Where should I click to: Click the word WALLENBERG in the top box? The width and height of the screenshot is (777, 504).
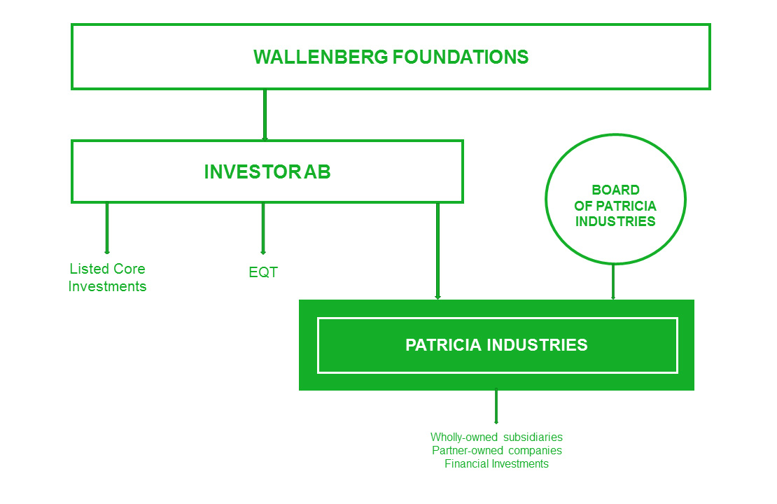tap(321, 57)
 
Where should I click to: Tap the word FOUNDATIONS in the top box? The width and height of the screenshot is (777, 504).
tap(461, 57)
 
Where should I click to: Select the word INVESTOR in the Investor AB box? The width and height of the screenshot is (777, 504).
tap(252, 172)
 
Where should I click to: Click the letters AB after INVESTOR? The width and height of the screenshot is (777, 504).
tap(317, 172)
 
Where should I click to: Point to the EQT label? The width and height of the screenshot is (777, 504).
tap(263, 272)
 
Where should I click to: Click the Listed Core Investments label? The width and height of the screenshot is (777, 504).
tap(108, 277)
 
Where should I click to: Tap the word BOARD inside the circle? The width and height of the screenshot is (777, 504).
tap(615, 190)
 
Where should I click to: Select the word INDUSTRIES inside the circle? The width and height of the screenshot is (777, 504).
tap(615, 221)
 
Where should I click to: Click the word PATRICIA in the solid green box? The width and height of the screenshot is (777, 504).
tap(443, 345)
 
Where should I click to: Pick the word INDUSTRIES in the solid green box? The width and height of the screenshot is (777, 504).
tap(538, 345)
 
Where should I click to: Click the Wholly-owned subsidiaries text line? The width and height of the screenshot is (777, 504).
tap(496, 437)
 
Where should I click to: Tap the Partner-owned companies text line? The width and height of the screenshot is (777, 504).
tap(497, 451)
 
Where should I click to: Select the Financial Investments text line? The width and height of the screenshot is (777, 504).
tap(496, 464)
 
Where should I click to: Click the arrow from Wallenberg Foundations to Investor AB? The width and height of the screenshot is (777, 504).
tap(265, 115)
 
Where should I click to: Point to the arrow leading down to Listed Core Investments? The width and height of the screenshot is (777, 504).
tap(107, 228)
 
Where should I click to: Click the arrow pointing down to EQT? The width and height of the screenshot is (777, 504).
tap(263, 228)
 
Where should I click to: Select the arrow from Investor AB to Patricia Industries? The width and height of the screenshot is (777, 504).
tap(437, 251)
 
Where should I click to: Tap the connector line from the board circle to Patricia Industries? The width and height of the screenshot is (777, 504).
tap(613, 281)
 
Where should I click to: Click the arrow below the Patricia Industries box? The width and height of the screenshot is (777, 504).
tap(496, 407)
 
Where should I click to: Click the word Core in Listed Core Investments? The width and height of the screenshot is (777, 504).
tap(131, 269)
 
